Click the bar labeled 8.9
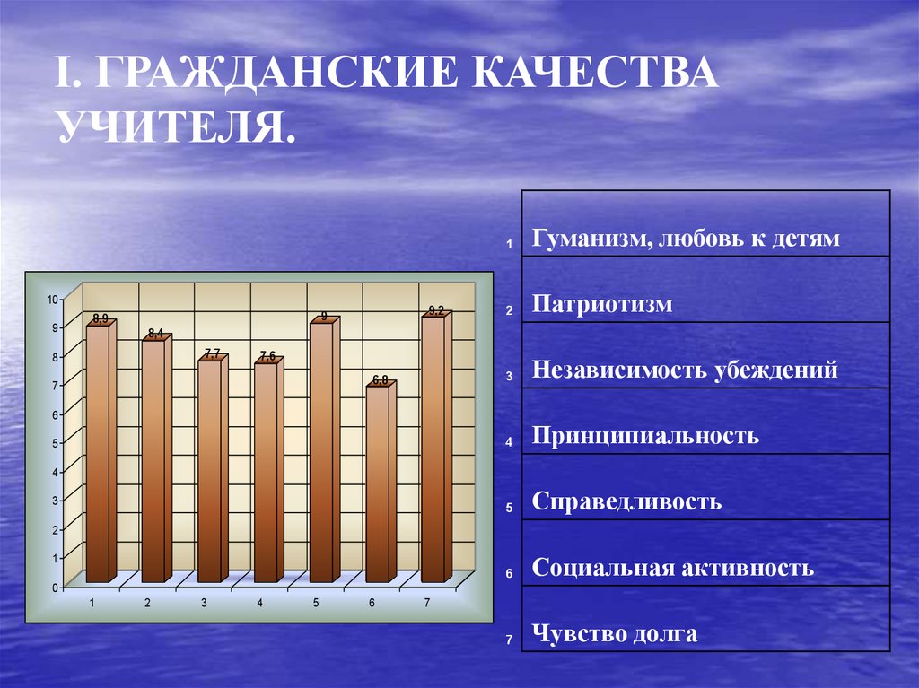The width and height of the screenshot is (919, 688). click(x=98, y=453)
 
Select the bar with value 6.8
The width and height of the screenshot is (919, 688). click(x=378, y=483)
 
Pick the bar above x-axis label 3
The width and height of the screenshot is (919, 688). click(x=209, y=471)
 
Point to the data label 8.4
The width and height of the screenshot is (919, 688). click(x=155, y=334)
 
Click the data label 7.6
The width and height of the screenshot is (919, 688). click(x=267, y=356)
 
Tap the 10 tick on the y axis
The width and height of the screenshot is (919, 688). click(x=52, y=300)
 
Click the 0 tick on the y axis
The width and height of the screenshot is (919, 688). click(x=55, y=588)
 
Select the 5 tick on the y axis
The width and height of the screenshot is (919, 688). click(x=55, y=443)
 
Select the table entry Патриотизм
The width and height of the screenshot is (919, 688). click(x=601, y=304)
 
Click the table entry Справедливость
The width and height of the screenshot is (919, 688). click(x=626, y=501)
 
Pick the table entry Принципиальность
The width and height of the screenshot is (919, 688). click(x=645, y=436)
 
